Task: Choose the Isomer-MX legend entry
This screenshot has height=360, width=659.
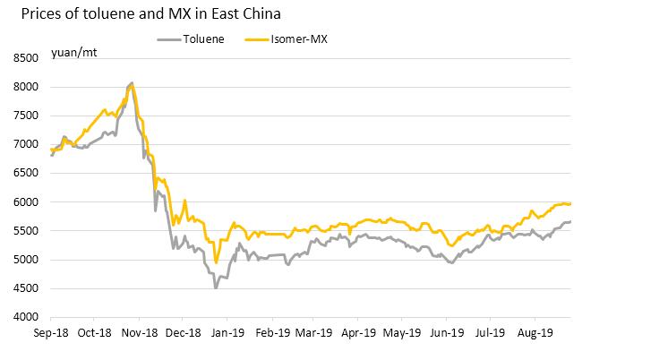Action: pyautogui.click(x=299, y=39)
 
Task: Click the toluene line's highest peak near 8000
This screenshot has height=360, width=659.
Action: pyautogui.click(x=133, y=83)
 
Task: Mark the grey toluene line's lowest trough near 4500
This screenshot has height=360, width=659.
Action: pyautogui.click(x=215, y=287)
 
